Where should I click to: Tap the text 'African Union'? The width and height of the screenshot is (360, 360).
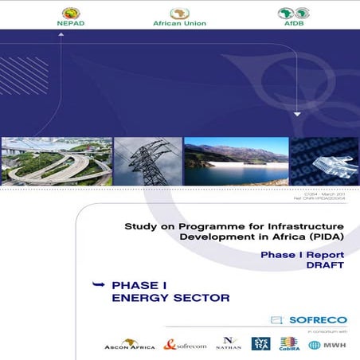(x=179, y=23)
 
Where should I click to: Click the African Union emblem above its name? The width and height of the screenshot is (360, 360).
(x=179, y=12)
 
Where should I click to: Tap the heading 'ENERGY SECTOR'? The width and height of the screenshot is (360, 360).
(x=170, y=298)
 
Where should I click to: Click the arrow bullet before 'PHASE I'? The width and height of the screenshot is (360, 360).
(x=99, y=284)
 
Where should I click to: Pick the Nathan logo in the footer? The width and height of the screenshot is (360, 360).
(x=228, y=343)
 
